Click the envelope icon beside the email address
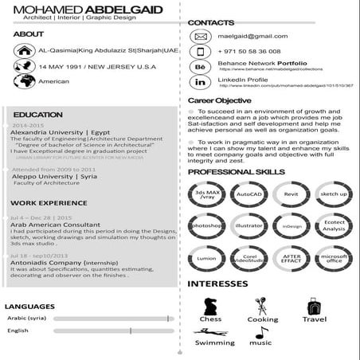(201, 37)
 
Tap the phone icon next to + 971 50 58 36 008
(201, 51)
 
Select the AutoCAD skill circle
(249, 194)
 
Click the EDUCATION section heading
(38, 115)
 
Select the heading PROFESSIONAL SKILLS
(236, 172)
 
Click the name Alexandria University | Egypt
(61, 132)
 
